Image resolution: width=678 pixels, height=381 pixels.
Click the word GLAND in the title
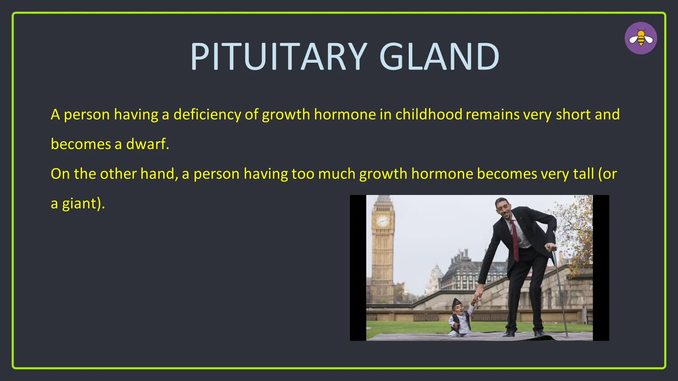(439, 57)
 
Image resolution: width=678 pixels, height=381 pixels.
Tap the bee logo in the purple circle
(641, 38)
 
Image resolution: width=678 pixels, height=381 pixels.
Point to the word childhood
(429, 114)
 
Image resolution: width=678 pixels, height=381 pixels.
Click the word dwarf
(147, 144)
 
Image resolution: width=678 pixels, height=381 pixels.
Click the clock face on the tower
(383, 221)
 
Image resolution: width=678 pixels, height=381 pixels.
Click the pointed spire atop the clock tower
(383, 198)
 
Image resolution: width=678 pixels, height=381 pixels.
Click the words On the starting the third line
(70, 174)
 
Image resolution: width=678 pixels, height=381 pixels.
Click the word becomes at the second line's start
(81, 144)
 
